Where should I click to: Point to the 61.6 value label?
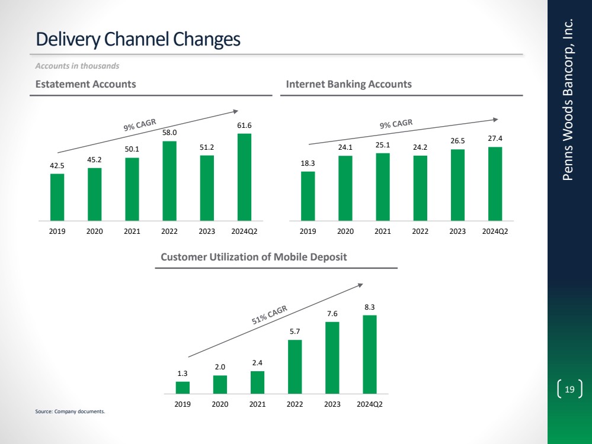(244, 126)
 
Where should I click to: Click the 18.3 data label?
(308, 163)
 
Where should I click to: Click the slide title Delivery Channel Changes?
(138, 39)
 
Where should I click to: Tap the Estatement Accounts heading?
(86, 84)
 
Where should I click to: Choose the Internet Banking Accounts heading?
(348, 84)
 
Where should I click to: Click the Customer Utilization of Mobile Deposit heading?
(254, 257)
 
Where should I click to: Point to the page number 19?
(570, 389)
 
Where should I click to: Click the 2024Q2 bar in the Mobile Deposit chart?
(370, 354)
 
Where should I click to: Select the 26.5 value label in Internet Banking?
(457, 141)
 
